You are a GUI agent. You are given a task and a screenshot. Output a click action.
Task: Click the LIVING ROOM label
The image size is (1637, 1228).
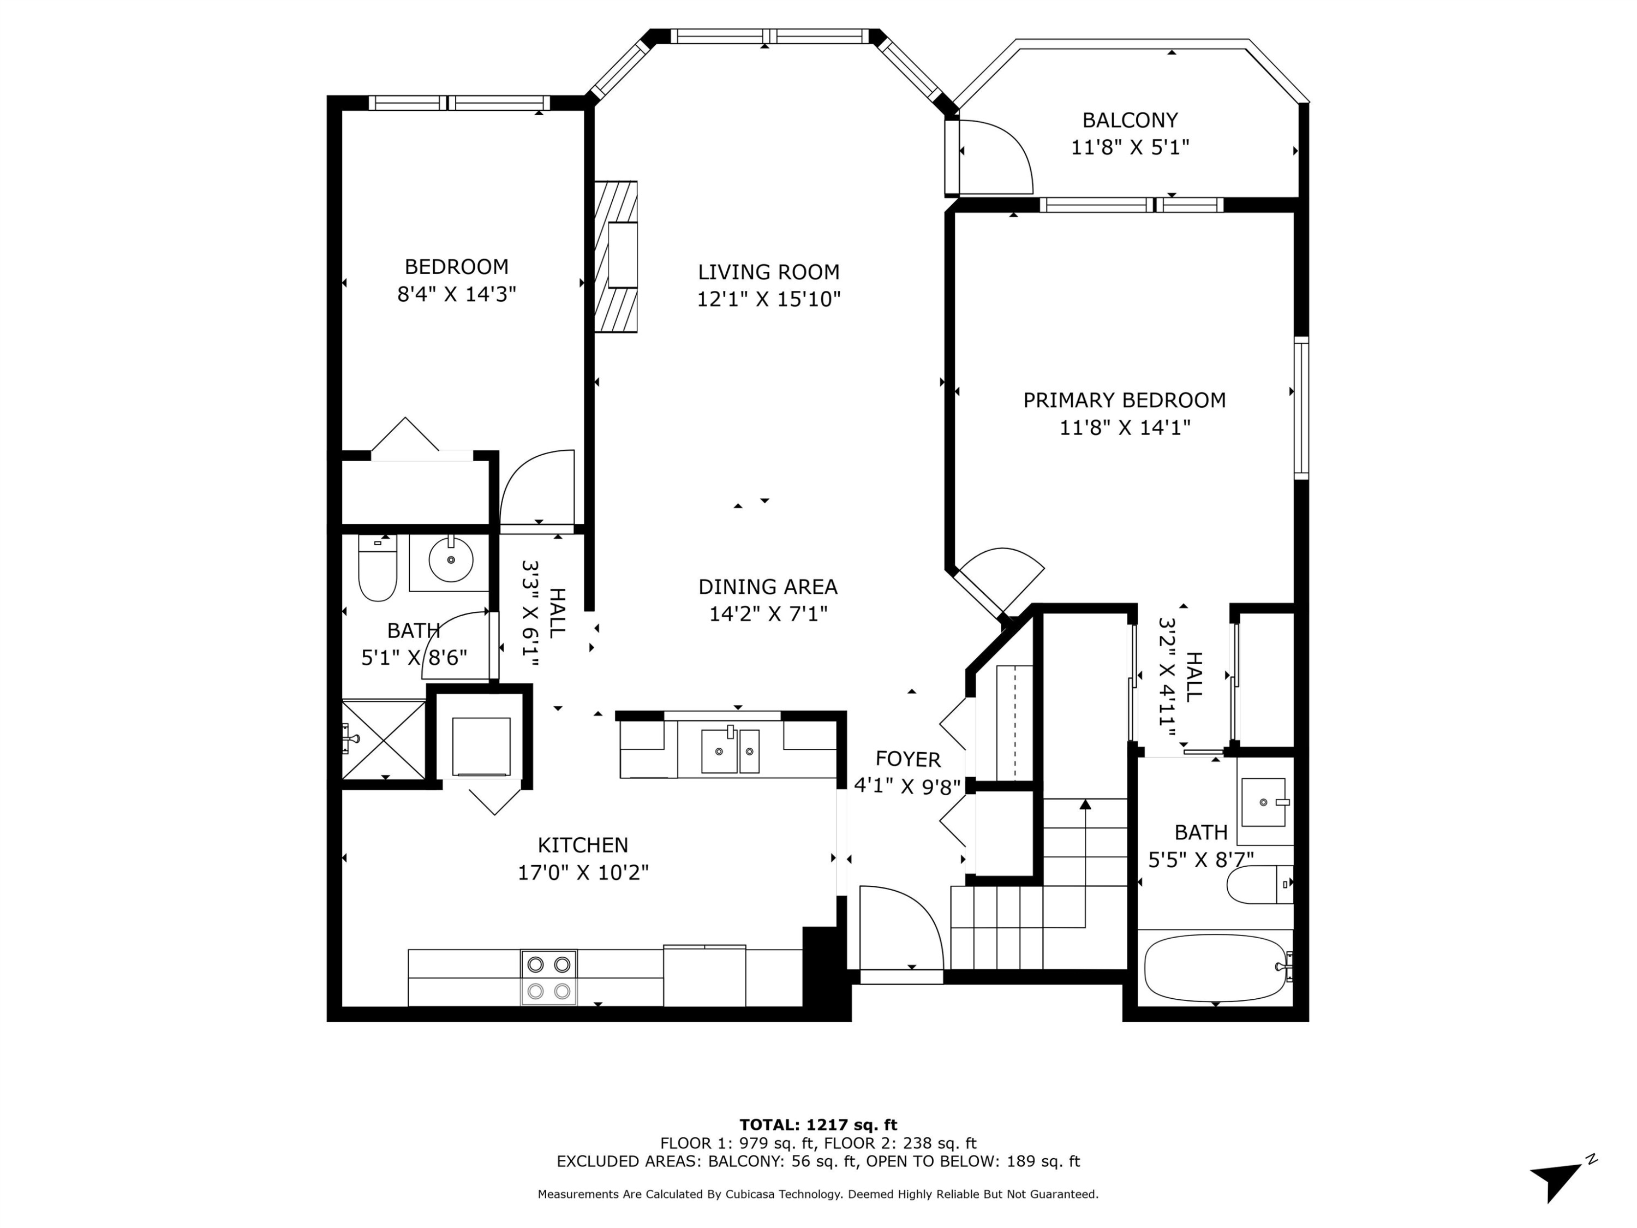[x=768, y=272]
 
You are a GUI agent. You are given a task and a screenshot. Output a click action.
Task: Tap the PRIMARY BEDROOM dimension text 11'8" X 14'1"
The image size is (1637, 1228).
[x=1124, y=428]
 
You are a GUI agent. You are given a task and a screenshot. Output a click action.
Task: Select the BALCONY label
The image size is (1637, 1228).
[x=1130, y=120]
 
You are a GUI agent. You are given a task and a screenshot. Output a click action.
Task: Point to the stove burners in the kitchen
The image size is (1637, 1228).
[x=548, y=977]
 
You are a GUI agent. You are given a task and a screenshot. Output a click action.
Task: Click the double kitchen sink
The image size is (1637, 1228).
[x=730, y=750]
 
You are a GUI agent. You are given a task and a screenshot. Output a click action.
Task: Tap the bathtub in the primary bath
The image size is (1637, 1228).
[x=1215, y=968]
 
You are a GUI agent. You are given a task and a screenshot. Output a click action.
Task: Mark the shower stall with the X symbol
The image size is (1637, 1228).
[x=384, y=740]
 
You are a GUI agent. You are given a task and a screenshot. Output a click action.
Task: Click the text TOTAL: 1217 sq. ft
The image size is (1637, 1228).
[x=818, y=1125]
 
